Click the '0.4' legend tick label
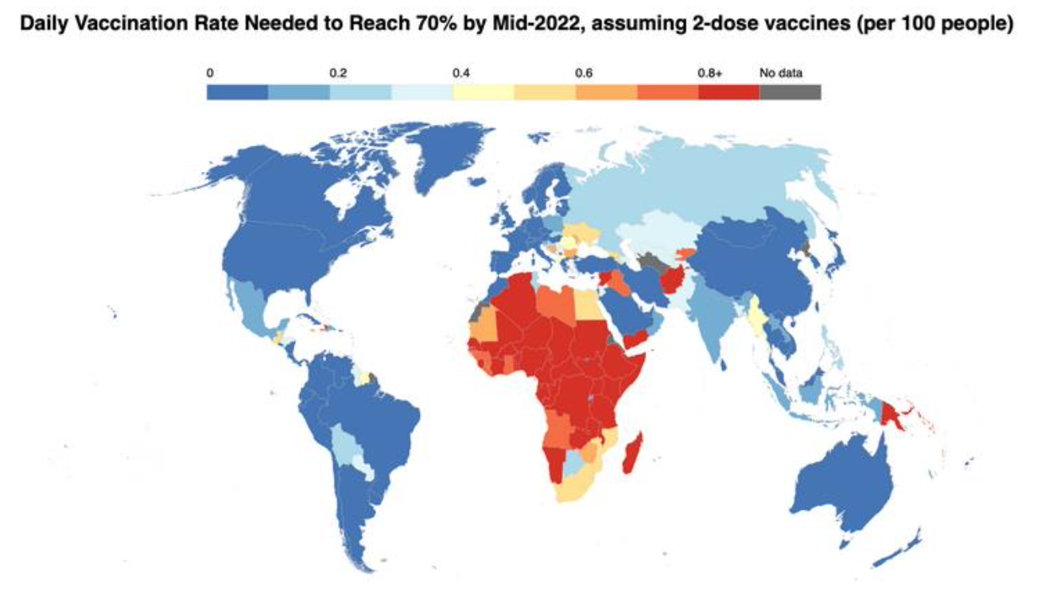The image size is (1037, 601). (461, 73)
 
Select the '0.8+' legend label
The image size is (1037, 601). (710, 73)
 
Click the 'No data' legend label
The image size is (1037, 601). (780, 73)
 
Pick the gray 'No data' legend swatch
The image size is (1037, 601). (790, 91)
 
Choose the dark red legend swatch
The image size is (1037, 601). (728, 91)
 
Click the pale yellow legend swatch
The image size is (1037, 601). (483, 91)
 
